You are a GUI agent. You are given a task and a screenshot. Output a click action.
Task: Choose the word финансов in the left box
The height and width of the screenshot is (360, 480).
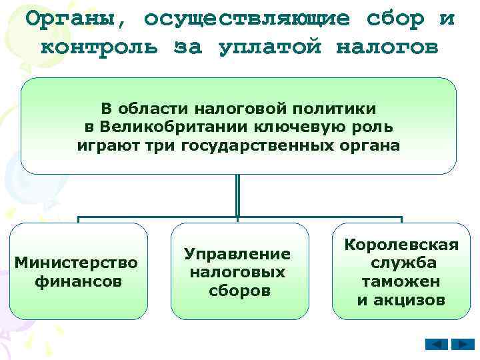(78, 281)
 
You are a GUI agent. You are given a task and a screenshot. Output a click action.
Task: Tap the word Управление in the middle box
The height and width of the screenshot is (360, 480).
(238, 253)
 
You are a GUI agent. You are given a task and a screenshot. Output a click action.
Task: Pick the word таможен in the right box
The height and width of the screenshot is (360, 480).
(401, 281)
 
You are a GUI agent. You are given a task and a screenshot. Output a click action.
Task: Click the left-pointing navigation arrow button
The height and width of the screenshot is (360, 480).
(437, 345)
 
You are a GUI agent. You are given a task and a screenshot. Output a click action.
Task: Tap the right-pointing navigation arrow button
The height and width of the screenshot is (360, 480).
(462, 345)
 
